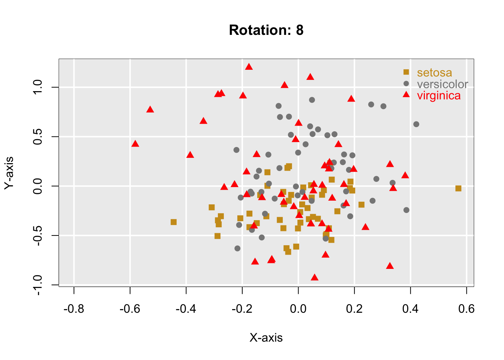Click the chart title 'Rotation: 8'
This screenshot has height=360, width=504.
click(266, 30)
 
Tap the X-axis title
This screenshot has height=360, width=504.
click(266, 338)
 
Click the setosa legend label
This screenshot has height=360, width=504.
click(434, 72)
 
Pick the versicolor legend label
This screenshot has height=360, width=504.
click(442, 84)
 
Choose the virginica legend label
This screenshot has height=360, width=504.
click(439, 96)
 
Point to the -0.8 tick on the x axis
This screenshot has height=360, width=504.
click(74, 309)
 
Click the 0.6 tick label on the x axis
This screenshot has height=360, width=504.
click(466, 309)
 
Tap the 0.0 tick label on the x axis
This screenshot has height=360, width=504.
click(298, 309)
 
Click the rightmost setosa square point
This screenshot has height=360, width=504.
click(458, 188)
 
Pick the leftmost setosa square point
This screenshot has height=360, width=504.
click(174, 222)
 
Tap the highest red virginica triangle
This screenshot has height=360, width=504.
click(249, 67)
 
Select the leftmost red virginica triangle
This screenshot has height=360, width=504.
click(135, 144)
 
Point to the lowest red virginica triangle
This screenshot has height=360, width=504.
click(315, 277)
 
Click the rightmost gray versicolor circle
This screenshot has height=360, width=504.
click(416, 124)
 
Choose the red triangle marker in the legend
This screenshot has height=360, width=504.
click(406, 94)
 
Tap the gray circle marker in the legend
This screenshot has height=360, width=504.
click(406, 83)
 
